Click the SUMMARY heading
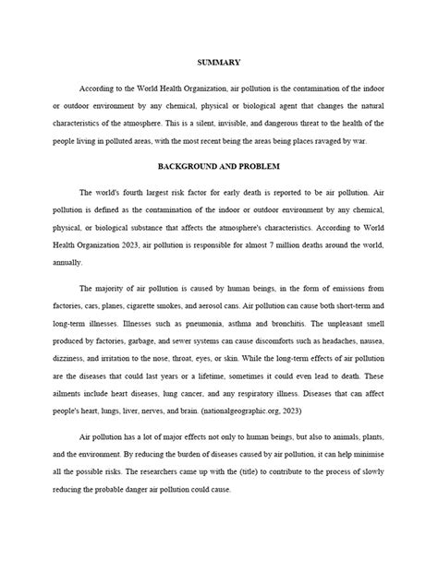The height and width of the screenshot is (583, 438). [x=219, y=62]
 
